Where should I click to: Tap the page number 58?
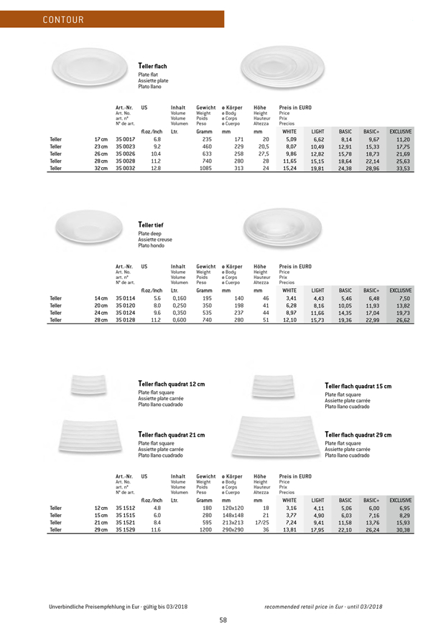point(223,620)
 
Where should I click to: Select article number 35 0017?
point(125,140)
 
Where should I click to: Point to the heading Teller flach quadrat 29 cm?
point(358,435)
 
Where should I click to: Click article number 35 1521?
point(125,523)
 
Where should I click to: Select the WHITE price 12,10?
point(289,320)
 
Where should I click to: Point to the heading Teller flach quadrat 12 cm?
point(171,384)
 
